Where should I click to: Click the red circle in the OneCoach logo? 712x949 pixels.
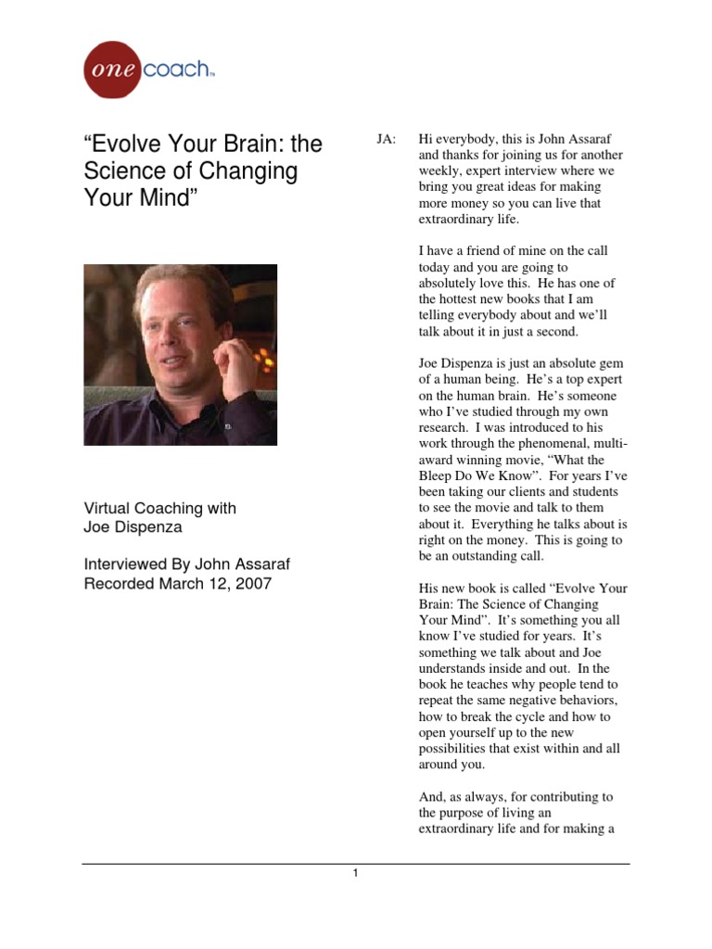[113, 70]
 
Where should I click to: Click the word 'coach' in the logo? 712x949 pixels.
[177, 69]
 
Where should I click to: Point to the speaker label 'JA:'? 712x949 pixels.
[386, 139]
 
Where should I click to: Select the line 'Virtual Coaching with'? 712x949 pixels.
[160, 508]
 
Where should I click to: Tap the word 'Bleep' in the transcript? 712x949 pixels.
[437, 475]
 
